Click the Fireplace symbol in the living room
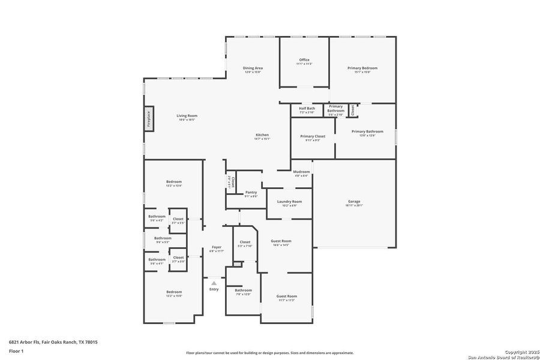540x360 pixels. pyautogui.click(x=148, y=119)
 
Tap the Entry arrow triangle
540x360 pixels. pyautogui.click(x=214, y=283)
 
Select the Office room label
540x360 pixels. pyautogui.click(x=304, y=60)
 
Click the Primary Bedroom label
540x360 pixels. pyautogui.click(x=362, y=68)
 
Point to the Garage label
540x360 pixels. pyautogui.click(x=354, y=201)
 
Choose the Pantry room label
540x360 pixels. pyautogui.click(x=251, y=192)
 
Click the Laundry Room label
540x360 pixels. pyautogui.click(x=289, y=202)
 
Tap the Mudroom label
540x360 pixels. pyautogui.click(x=301, y=172)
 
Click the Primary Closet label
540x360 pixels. pyautogui.click(x=313, y=136)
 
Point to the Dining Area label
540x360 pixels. pyautogui.click(x=253, y=68)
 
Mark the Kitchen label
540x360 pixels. pyautogui.click(x=262, y=135)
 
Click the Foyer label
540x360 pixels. pyautogui.click(x=216, y=247)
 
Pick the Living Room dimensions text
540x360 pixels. pyautogui.click(x=187, y=120)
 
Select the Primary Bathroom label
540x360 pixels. pyautogui.click(x=367, y=131)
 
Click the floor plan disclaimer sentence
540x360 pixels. pyautogui.click(x=269, y=353)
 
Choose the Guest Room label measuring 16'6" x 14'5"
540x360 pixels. pyautogui.click(x=281, y=241)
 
